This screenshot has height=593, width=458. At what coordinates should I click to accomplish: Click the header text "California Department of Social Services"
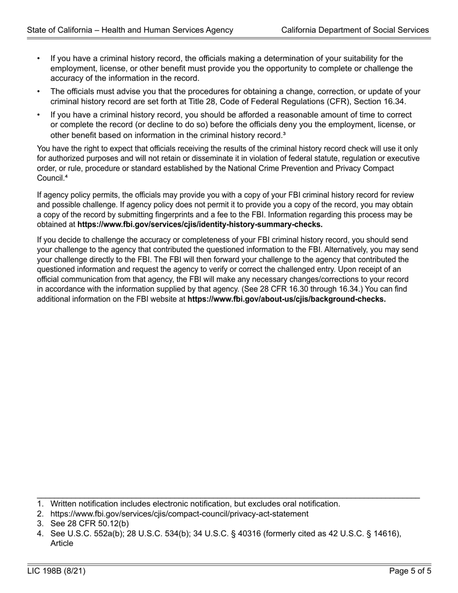(x=355, y=30)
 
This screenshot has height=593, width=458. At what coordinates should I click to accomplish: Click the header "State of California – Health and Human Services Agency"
(x=130, y=30)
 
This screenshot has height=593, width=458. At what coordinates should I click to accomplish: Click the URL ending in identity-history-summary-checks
(x=200, y=224)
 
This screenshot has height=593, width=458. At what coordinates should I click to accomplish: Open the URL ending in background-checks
(x=286, y=299)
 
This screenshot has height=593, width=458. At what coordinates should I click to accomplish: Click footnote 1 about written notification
(x=195, y=504)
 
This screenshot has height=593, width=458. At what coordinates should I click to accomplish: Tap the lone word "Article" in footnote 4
(x=62, y=543)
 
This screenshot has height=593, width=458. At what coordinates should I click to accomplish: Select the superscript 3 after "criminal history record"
(x=284, y=135)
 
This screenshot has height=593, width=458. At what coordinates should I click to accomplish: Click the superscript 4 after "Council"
(x=65, y=178)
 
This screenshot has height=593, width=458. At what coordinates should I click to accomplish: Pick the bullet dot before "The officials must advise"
(x=39, y=92)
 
